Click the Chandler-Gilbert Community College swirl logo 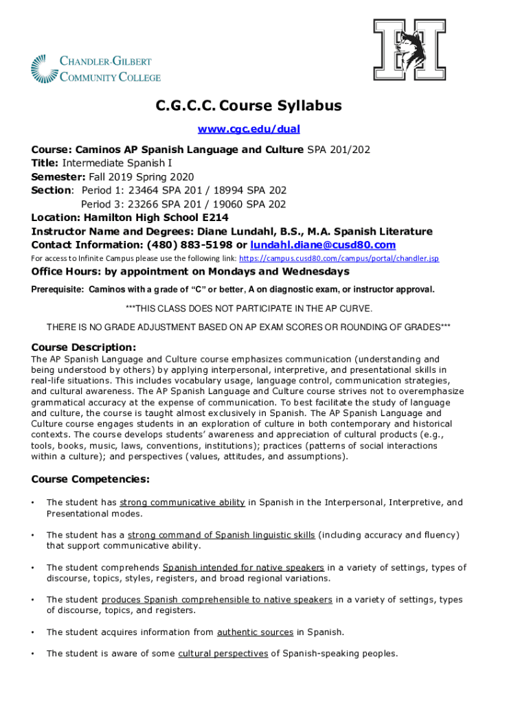[45, 69]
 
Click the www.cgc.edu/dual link [249, 129]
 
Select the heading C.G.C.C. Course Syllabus [248, 106]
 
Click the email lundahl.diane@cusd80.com [323, 245]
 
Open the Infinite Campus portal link [339, 259]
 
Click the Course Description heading [84, 347]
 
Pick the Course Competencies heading [91, 479]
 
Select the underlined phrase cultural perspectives [223, 654]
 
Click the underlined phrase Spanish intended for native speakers [243, 568]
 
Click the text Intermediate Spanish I [117, 163]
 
